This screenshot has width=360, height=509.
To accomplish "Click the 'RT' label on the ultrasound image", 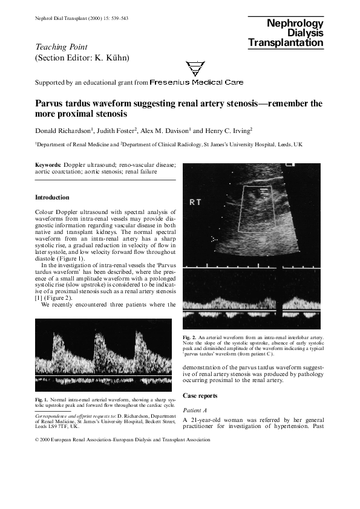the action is point(195,203).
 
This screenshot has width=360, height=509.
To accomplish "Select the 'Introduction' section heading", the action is point(52,197).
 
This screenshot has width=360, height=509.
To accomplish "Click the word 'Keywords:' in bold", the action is point(48,164).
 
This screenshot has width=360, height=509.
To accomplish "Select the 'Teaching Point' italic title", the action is point(61,47).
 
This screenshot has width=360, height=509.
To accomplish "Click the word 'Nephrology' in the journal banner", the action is point(293,23).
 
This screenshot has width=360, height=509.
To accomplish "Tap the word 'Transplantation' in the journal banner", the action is point(286,43).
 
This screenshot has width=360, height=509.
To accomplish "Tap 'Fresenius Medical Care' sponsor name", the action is point(197,82).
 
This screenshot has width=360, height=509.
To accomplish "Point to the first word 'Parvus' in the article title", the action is point(51,103).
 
